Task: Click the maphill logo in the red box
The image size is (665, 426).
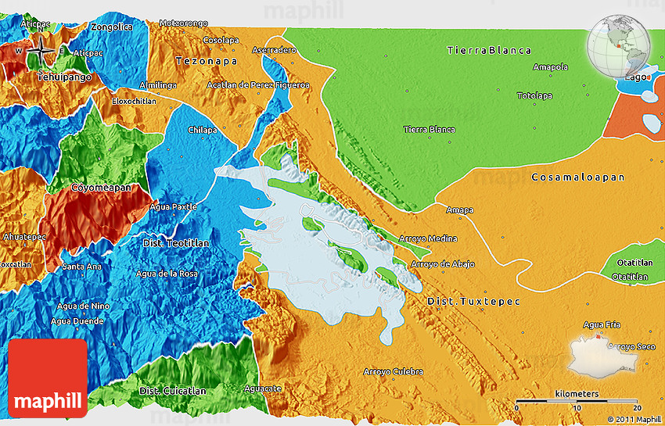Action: [47, 378]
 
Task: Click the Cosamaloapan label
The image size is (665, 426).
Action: [577, 177]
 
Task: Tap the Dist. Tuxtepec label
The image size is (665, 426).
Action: [473, 301]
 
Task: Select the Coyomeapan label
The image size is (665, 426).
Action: [101, 188]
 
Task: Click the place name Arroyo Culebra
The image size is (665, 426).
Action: [394, 371]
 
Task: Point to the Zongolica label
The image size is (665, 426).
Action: [112, 27]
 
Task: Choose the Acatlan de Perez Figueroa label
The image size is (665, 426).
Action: [258, 84]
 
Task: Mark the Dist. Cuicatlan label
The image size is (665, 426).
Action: [173, 391]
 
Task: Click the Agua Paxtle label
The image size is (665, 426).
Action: [172, 206]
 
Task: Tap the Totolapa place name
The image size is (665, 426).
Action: [534, 96]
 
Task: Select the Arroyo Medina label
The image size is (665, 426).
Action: [427, 238]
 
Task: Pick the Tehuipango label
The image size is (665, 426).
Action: [64, 77]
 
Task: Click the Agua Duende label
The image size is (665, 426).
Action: [76, 320]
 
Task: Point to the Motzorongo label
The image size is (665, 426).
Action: [185, 23]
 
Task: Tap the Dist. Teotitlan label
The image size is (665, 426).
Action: [176, 243]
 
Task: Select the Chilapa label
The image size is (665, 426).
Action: [202, 129]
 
